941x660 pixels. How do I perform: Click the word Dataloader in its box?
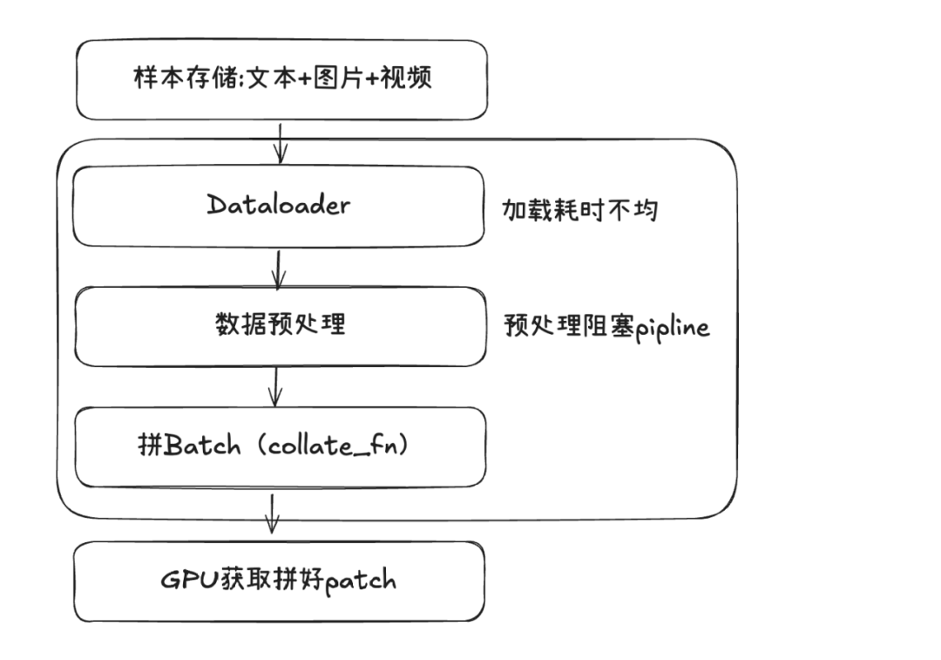pyautogui.click(x=279, y=205)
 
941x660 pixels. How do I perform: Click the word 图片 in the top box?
pyautogui.click(x=332, y=78)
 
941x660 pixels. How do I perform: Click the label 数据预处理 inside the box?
pyautogui.click(x=280, y=324)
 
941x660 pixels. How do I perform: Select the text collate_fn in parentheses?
pyautogui.click(x=339, y=446)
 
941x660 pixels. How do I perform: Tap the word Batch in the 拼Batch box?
pyautogui.click(x=202, y=446)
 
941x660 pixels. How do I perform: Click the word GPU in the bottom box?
pyautogui.click(x=186, y=581)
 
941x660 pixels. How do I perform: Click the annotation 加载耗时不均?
pyautogui.click(x=579, y=209)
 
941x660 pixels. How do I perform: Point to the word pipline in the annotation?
pyautogui.click(x=672, y=329)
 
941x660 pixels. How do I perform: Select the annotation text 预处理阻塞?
pyautogui.click(x=568, y=327)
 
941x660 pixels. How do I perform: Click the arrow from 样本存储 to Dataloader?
pyautogui.click(x=280, y=142)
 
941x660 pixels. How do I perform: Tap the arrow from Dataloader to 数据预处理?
pyautogui.click(x=278, y=269)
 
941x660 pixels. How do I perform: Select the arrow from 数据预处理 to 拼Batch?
pyautogui.click(x=276, y=386)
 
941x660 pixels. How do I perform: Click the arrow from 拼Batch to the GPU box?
pyautogui.click(x=272, y=514)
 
